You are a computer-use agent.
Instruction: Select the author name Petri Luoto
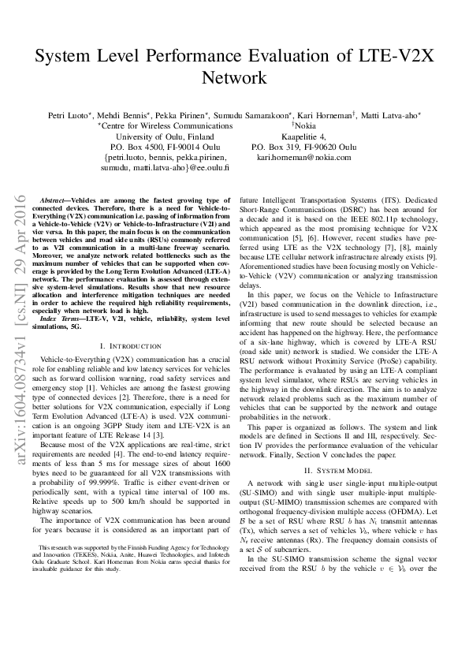pyautogui.click(x=67, y=114)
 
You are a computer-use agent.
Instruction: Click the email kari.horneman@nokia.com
pyautogui.click(x=303, y=158)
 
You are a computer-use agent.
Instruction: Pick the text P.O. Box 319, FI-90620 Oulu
pyautogui.click(x=303, y=147)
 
